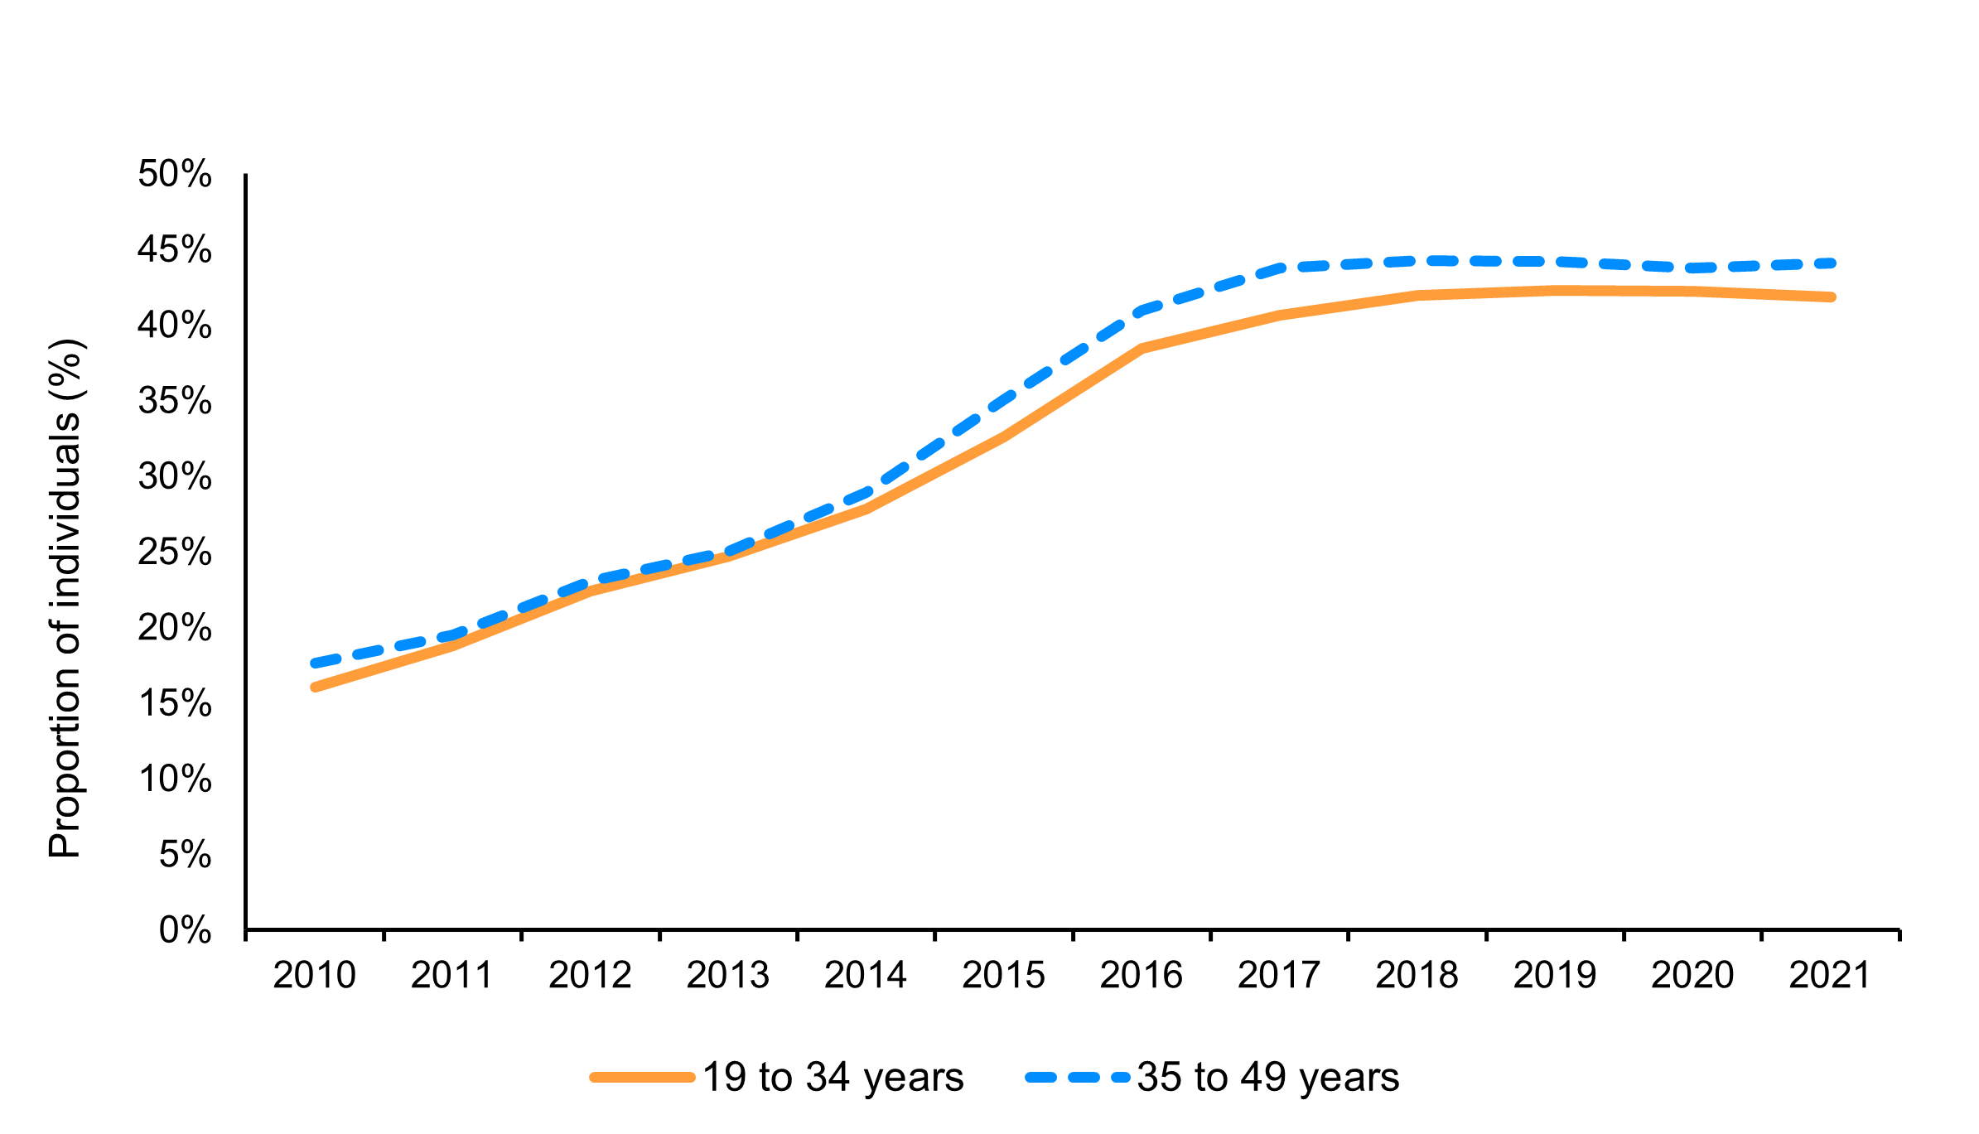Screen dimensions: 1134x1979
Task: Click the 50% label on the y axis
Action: click(174, 174)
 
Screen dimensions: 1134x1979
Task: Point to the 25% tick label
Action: click(174, 552)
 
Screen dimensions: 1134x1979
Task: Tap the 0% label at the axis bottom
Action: click(185, 930)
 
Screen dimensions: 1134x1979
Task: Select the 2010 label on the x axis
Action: click(314, 975)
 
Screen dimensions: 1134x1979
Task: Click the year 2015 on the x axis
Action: click(1003, 975)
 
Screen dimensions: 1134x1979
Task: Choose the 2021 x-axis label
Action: click(1830, 975)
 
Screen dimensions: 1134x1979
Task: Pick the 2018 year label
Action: click(1417, 975)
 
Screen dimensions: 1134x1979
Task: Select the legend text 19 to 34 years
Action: click(833, 1077)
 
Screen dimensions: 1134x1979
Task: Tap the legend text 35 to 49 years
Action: click(1268, 1077)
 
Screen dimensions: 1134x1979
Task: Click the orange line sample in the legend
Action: click(642, 1078)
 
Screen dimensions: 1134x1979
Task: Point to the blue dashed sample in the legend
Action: click(1077, 1078)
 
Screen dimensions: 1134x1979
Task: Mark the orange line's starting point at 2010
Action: click(316, 687)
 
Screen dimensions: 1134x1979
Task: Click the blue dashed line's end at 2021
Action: click(1831, 263)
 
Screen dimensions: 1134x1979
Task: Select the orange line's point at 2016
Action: click(1142, 348)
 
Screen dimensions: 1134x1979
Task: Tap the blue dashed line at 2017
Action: click(1280, 268)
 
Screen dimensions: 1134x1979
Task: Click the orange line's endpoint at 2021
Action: click(1831, 297)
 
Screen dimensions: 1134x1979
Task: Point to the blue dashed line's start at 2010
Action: click(316, 664)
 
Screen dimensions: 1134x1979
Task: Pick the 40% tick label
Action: click(174, 325)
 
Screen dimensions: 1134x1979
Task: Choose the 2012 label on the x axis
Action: click(590, 975)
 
